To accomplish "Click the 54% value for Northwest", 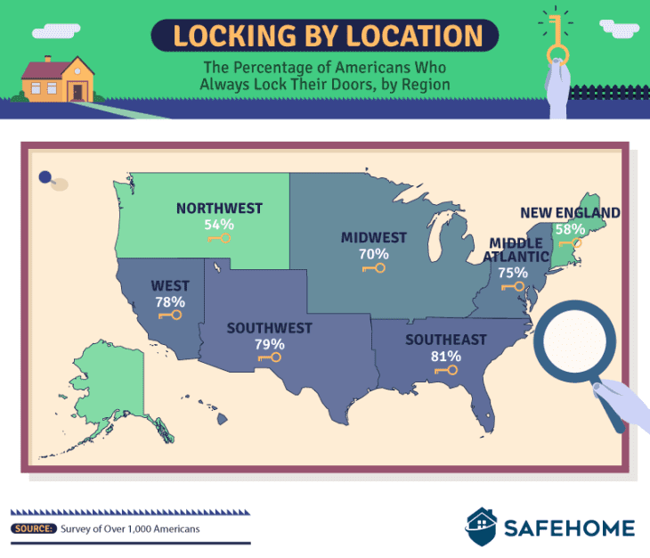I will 219,225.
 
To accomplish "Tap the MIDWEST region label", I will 373,237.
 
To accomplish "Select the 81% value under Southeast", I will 446,356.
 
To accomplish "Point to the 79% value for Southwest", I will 269,344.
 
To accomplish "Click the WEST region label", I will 169,286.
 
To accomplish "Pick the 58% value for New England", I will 569,229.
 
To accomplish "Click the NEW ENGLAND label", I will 570,212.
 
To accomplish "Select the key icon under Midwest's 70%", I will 373,268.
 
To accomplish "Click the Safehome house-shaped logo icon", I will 482,527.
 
